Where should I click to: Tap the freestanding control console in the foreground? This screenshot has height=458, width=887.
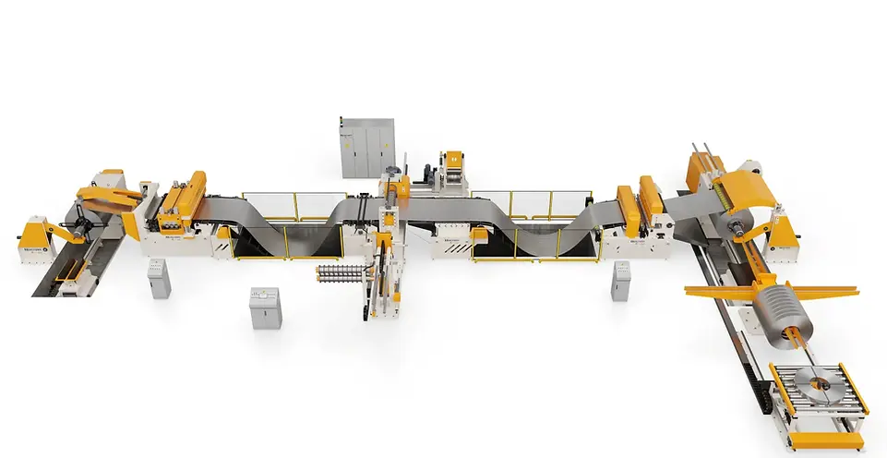[x=264, y=307]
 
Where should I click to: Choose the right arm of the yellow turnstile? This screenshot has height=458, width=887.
[x=831, y=294]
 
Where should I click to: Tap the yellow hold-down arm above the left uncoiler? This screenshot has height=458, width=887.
[x=106, y=193]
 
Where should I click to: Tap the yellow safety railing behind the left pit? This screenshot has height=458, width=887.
[x=294, y=206]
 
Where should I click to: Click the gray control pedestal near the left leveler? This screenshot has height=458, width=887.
[x=159, y=277]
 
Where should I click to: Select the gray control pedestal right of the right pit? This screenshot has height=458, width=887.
[x=621, y=281]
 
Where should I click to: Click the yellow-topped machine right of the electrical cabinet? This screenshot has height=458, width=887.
[x=453, y=171]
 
